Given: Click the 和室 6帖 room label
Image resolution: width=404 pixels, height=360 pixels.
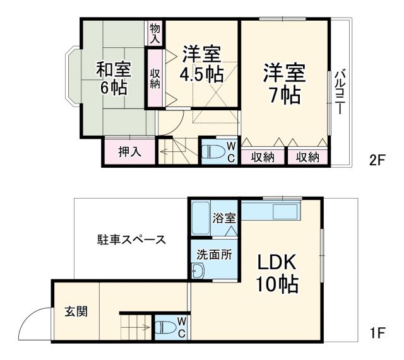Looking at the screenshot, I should tap(112, 77).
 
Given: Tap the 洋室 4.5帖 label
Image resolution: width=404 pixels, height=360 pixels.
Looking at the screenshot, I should tap(201, 64).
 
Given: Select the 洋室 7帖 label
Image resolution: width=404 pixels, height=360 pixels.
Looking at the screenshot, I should tap(283, 83).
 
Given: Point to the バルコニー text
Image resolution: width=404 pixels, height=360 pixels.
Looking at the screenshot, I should tap(339, 91).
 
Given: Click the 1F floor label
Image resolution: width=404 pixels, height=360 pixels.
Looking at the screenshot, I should tap(378, 332).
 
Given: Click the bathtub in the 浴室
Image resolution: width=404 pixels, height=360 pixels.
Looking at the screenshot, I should tap(201, 218).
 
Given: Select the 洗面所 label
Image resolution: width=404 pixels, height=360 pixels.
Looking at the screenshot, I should tap(214, 256).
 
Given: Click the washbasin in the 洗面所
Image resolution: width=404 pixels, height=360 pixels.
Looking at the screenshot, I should tap(198, 270).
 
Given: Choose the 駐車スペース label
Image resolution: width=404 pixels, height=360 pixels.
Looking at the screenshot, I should tap(131, 240).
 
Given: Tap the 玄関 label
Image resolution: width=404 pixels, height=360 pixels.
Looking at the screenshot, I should tap(76, 311).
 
